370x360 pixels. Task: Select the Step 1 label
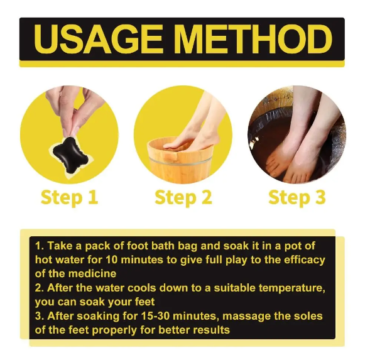tap(69, 198)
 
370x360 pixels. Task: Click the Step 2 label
tap(183, 198)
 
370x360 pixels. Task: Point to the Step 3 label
tap(297, 198)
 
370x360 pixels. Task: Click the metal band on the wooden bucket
tap(180, 161)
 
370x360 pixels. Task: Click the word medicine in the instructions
tap(92, 274)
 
